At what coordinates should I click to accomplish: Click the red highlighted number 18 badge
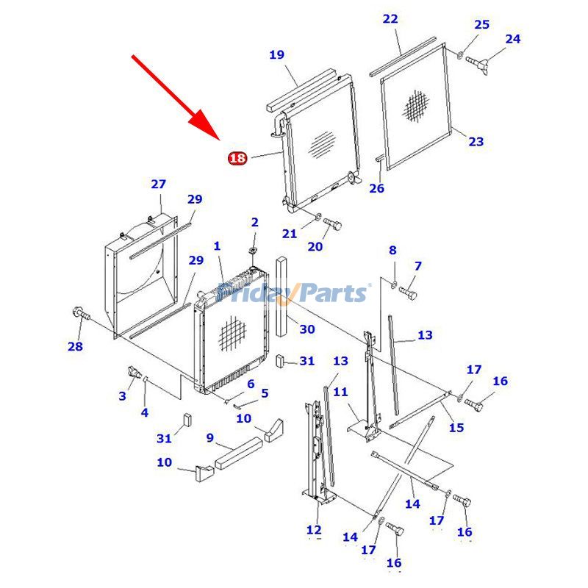point(237,158)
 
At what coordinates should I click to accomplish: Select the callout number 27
point(159,184)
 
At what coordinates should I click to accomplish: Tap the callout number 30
point(306,329)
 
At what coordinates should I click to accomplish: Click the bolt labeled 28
point(79,315)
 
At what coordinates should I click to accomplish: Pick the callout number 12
point(314,530)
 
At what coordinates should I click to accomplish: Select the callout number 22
point(390,18)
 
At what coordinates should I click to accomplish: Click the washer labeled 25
point(460,54)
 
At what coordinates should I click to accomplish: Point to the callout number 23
point(476,141)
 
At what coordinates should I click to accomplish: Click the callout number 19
point(276,54)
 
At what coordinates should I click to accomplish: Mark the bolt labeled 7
point(409,292)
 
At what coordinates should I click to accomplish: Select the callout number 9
point(209,438)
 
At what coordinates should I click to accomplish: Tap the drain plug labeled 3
point(132,372)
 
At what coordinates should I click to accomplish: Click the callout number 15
point(456,427)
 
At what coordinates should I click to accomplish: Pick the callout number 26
point(376,188)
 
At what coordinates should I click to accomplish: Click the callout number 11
point(340,392)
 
